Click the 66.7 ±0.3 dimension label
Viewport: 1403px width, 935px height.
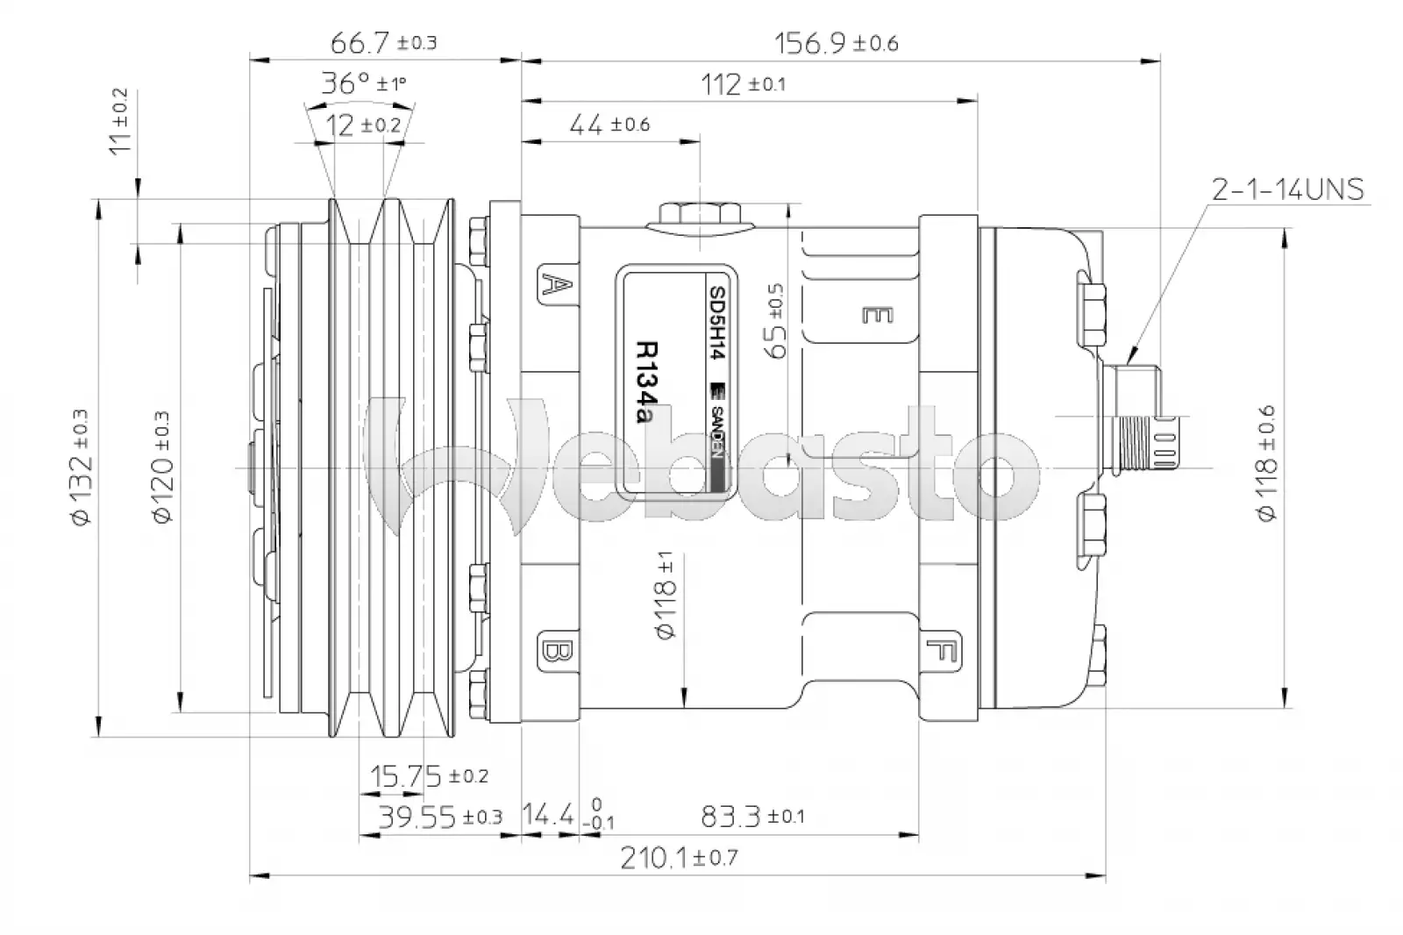[x=383, y=43]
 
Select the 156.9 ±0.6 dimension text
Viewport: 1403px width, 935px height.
[x=837, y=43]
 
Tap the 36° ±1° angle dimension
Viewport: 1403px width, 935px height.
[x=364, y=82]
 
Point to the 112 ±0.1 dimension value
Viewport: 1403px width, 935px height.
[x=743, y=84]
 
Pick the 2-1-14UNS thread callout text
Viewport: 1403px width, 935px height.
[x=1288, y=189]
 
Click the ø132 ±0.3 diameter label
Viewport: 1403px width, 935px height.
[x=82, y=467]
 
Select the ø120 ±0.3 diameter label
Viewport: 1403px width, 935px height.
[x=161, y=467]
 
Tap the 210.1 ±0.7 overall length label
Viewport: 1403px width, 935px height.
[x=680, y=857]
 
